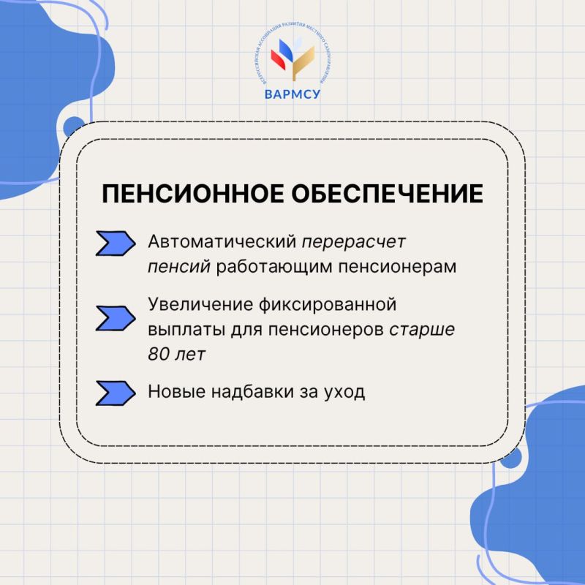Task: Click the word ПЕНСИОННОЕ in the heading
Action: coord(185,195)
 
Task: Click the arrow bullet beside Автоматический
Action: coord(116,244)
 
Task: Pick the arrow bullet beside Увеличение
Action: coord(116,318)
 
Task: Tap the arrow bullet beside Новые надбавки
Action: coord(116,393)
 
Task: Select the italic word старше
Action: coord(422,329)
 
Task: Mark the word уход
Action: coord(347,392)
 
